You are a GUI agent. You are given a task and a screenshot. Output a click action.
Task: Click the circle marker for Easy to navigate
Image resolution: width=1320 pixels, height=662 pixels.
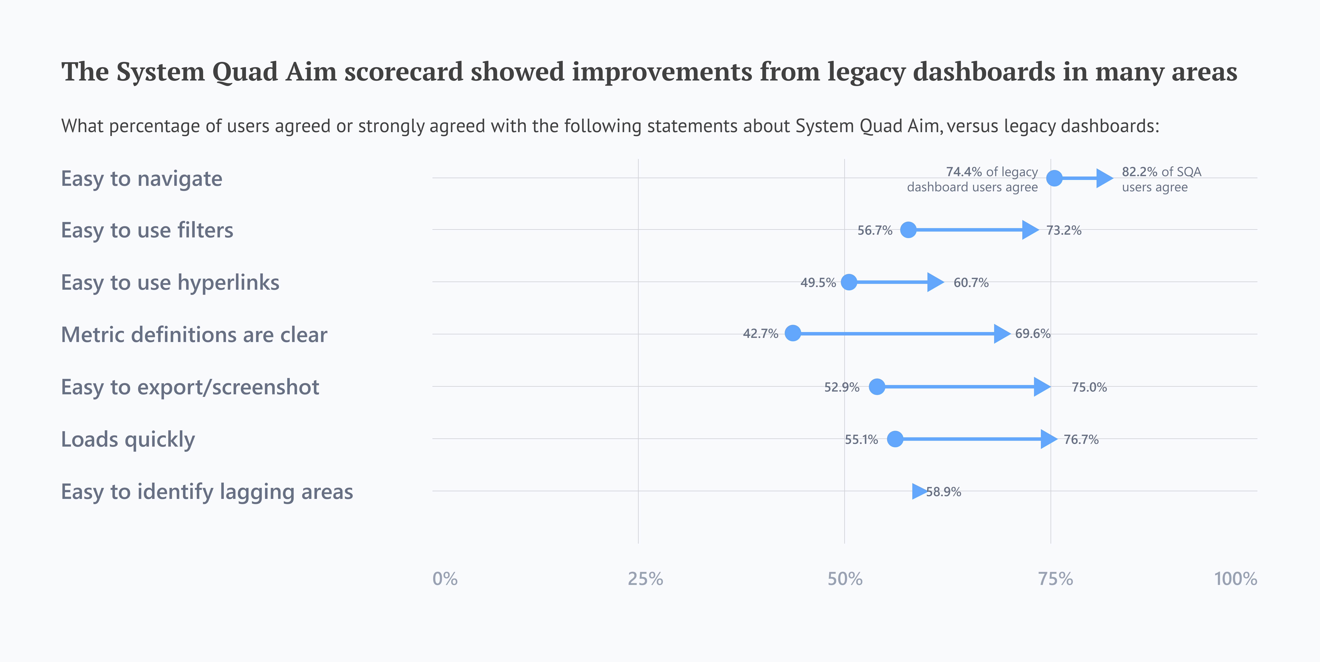click(x=1054, y=178)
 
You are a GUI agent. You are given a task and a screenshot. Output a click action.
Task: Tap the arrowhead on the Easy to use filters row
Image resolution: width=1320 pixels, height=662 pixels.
click(x=1030, y=230)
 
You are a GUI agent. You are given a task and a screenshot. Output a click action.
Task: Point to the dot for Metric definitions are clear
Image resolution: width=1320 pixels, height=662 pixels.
click(x=793, y=333)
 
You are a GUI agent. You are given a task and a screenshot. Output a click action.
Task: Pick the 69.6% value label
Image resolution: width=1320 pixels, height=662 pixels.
click(x=1032, y=334)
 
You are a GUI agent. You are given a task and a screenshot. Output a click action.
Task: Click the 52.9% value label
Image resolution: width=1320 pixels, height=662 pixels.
click(x=841, y=387)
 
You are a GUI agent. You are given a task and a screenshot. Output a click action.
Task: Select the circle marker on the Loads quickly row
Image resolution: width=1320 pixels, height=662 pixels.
click(x=895, y=439)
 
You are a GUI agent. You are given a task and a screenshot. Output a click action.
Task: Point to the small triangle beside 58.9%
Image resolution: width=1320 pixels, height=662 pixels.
click(x=919, y=491)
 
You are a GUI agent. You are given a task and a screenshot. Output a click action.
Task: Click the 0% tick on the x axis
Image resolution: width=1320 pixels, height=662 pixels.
click(x=445, y=579)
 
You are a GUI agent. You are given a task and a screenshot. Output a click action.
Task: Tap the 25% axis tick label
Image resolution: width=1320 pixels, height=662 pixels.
click(x=645, y=579)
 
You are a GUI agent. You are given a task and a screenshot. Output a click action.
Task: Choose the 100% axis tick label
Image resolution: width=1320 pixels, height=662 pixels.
click(x=1235, y=579)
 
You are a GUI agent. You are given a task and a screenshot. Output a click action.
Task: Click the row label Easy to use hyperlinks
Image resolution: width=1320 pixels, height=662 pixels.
click(x=170, y=282)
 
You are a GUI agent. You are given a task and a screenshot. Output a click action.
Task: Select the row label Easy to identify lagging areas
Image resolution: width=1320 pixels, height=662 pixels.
click(x=207, y=492)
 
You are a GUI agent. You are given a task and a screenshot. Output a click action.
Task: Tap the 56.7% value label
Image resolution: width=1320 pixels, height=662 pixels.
click(x=875, y=230)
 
